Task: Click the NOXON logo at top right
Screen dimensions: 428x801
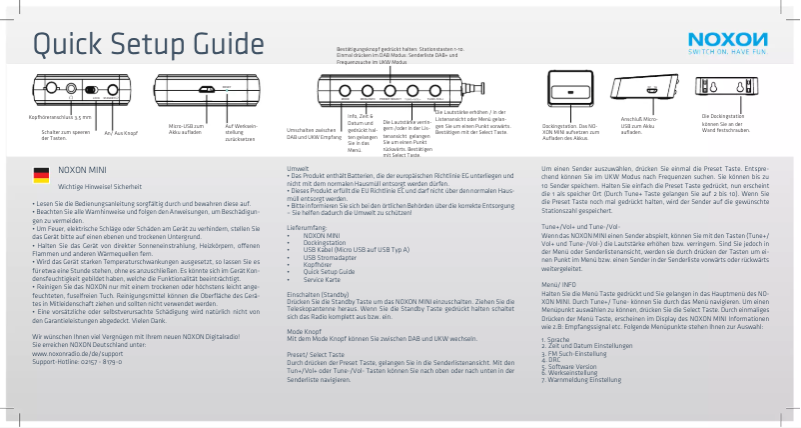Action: [726, 39]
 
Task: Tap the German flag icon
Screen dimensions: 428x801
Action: [41, 174]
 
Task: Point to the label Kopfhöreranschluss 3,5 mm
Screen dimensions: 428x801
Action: [59, 117]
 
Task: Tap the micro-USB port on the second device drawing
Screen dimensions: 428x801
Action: [207, 89]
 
